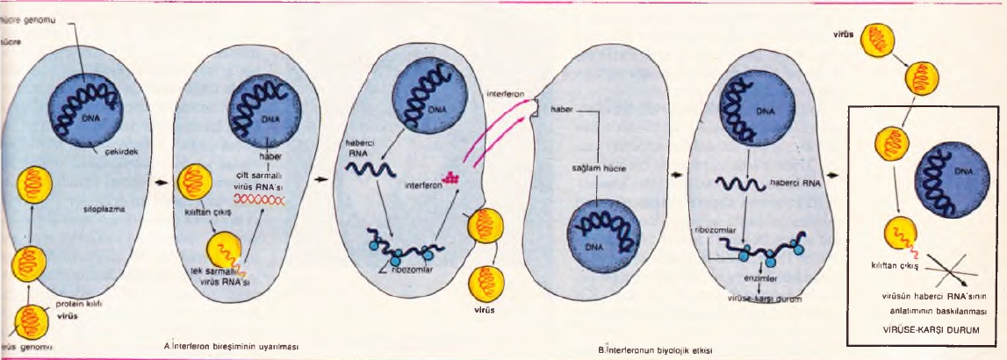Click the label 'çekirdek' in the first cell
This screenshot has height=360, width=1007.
pos(110,151)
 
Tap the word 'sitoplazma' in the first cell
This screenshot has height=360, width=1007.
pos(89,211)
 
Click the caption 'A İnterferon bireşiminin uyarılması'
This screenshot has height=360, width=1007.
pos(232,346)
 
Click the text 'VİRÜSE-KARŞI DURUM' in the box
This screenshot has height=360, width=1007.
pos(927,329)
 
